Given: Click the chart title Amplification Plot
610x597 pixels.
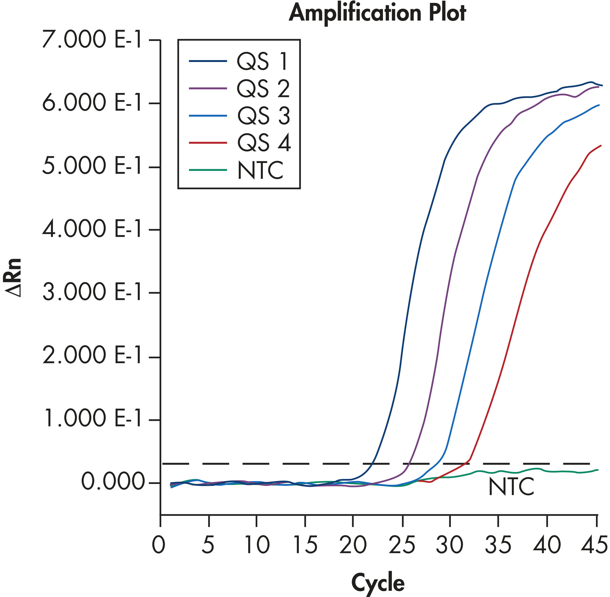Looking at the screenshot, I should pos(377,13).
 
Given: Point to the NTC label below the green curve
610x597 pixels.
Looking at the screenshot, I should pos(511,487).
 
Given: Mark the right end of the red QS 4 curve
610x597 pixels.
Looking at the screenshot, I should pos(601,145).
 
